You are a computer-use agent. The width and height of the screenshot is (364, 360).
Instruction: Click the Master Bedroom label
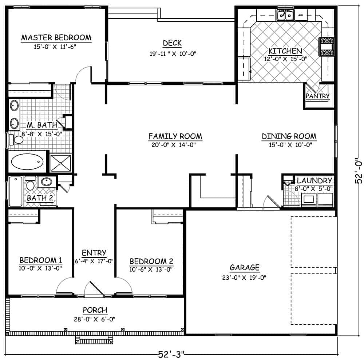coord(56,37)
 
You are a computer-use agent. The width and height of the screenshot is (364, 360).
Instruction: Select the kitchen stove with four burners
coord(327,47)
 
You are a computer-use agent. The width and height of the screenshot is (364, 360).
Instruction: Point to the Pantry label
coord(317,96)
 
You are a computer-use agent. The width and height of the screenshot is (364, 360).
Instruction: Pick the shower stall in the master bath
coord(60,163)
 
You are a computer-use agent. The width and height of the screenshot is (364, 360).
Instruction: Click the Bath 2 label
coord(40,198)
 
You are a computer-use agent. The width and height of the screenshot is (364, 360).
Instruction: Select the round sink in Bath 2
coord(46,182)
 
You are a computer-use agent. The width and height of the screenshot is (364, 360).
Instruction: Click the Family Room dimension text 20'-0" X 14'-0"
coord(175,144)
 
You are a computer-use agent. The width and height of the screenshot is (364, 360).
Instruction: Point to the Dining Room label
coord(289,136)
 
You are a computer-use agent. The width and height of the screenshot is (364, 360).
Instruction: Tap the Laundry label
coord(314,180)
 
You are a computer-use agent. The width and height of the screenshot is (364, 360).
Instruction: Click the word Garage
coord(245,268)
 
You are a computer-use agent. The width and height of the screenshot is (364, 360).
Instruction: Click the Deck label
coord(172,43)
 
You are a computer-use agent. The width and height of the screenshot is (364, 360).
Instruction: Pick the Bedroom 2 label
coord(151,261)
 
